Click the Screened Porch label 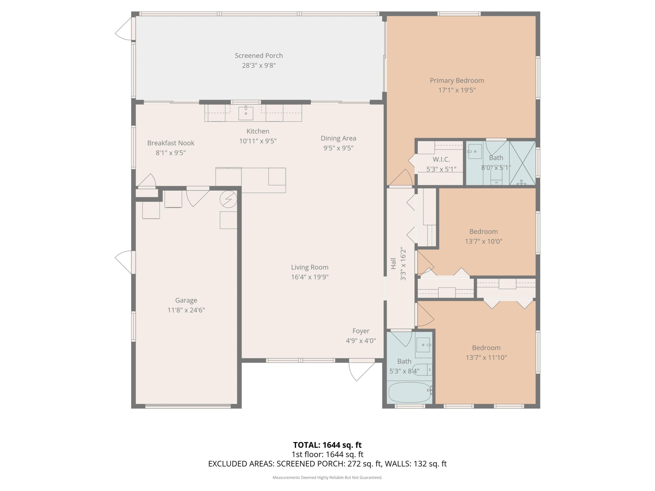point(259,56)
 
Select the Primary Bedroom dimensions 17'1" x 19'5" point(457,90)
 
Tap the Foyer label point(361,331)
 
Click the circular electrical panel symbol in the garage point(228,199)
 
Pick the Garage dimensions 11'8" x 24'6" point(186,310)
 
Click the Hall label point(393,263)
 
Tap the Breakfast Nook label point(171,143)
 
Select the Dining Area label point(338,138)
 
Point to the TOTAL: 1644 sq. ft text point(327,445)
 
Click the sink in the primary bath point(475,152)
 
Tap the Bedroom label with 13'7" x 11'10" point(486,348)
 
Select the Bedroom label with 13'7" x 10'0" point(483,231)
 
